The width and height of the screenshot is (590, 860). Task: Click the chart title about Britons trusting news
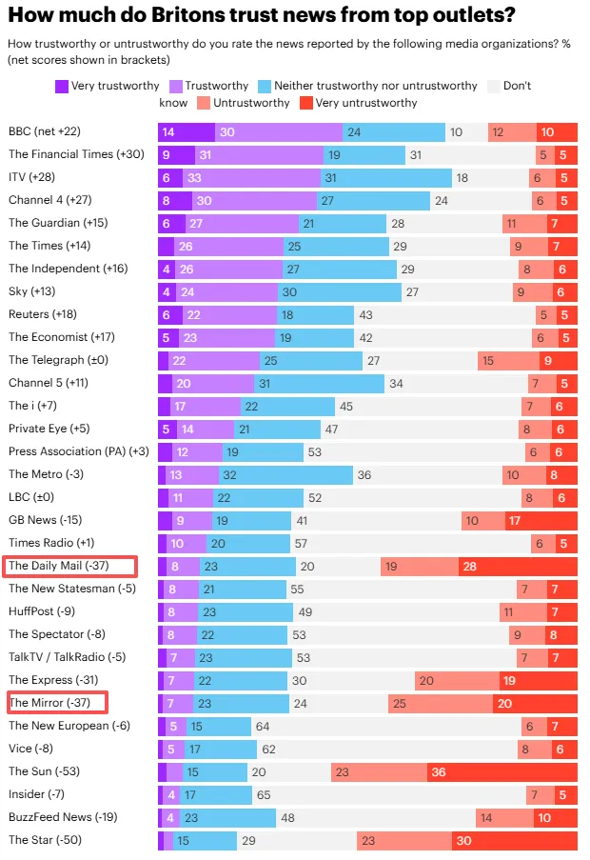pos(262,15)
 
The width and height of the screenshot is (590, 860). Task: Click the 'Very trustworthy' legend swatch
pos(63,86)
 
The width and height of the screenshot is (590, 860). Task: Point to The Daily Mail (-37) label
pos(57,566)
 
